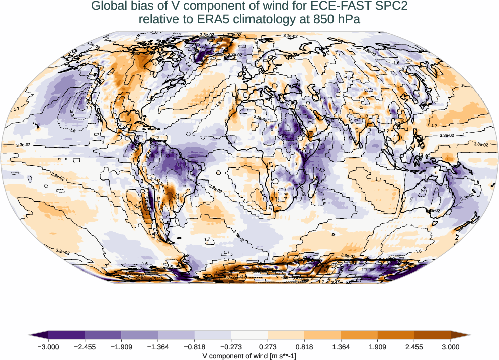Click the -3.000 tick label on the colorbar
point(48,346)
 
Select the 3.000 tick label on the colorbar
point(451,346)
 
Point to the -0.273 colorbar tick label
point(231,346)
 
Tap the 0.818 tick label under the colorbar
point(304,346)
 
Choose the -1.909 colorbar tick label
point(121,346)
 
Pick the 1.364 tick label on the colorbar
point(341,346)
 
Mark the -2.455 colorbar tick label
point(85,346)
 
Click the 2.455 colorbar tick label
point(414,346)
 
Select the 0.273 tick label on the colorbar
point(268,346)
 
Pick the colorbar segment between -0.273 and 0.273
point(249,335)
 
